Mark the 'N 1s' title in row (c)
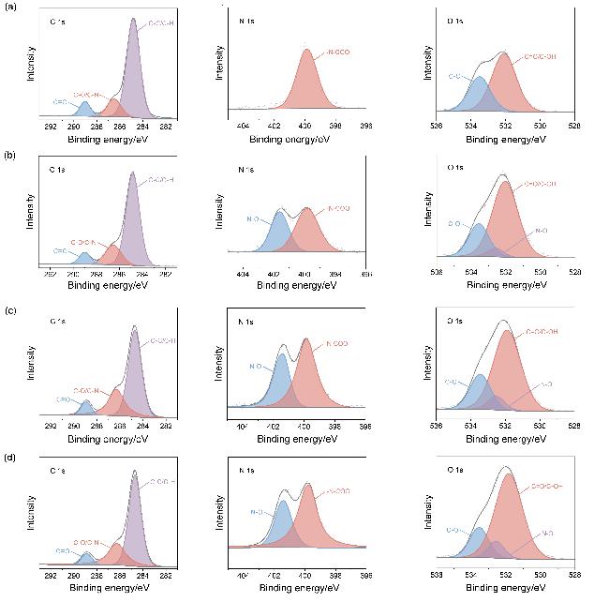(246, 322)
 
